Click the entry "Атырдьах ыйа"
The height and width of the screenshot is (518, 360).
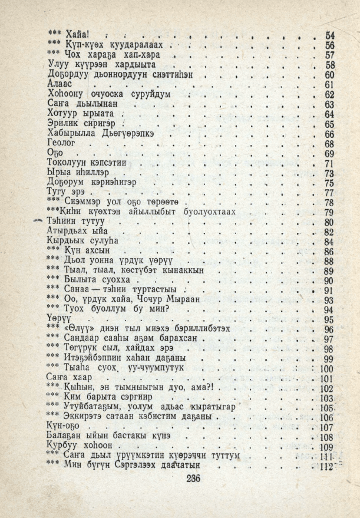click(77, 232)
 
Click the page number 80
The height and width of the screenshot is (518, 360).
click(329, 222)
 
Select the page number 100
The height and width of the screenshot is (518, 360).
click(326, 369)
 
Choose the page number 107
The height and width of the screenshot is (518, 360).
click(326, 427)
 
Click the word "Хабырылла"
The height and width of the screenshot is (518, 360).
click(70, 134)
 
